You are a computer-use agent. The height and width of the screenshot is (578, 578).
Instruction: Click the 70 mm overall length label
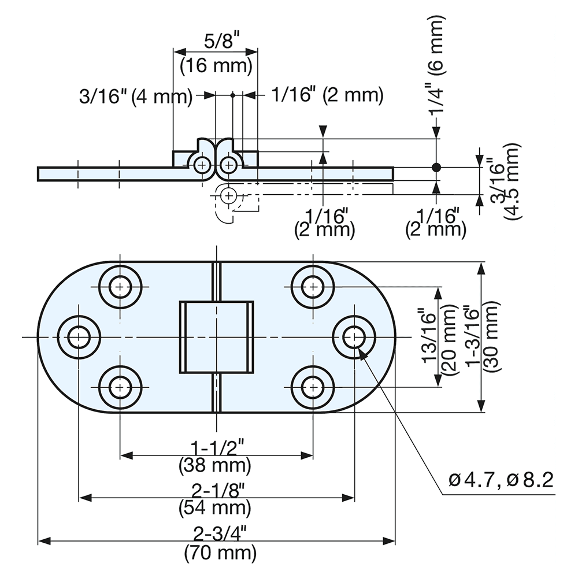pyautogui.click(x=220, y=553)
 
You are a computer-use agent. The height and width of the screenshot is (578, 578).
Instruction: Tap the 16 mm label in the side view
pyautogui.click(x=216, y=65)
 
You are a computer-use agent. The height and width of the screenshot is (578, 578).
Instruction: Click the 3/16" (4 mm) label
pyautogui.click(x=135, y=96)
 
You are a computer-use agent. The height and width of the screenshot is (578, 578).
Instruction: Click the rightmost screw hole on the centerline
pyautogui.click(x=354, y=336)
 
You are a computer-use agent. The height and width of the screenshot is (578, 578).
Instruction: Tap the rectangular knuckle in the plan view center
pyautogui.click(x=216, y=336)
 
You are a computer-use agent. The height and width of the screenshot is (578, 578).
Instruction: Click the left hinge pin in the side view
pyautogui.click(x=202, y=165)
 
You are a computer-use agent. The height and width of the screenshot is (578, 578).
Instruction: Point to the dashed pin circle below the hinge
pyautogui.click(x=229, y=194)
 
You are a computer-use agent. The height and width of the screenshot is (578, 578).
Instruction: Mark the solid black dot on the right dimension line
pyautogui.click(x=436, y=168)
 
